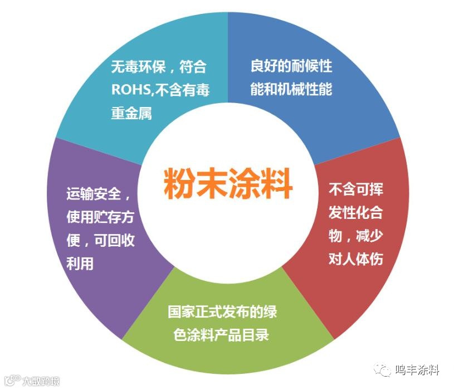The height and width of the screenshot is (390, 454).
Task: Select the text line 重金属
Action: click(x=131, y=113)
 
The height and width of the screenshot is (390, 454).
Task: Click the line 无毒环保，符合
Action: click(x=159, y=67)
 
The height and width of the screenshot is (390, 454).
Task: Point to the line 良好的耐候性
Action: click(x=291, y=66)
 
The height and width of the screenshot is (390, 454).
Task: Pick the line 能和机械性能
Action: click(x=291, y=89)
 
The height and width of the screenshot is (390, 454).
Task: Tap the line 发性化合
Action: click(x=355, y=212)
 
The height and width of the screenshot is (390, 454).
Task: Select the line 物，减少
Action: click(x=355, y=235)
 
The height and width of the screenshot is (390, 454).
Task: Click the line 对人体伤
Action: click(x=355, y=259)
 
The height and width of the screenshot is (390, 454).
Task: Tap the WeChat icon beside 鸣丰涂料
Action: click(x=383, y=370)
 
